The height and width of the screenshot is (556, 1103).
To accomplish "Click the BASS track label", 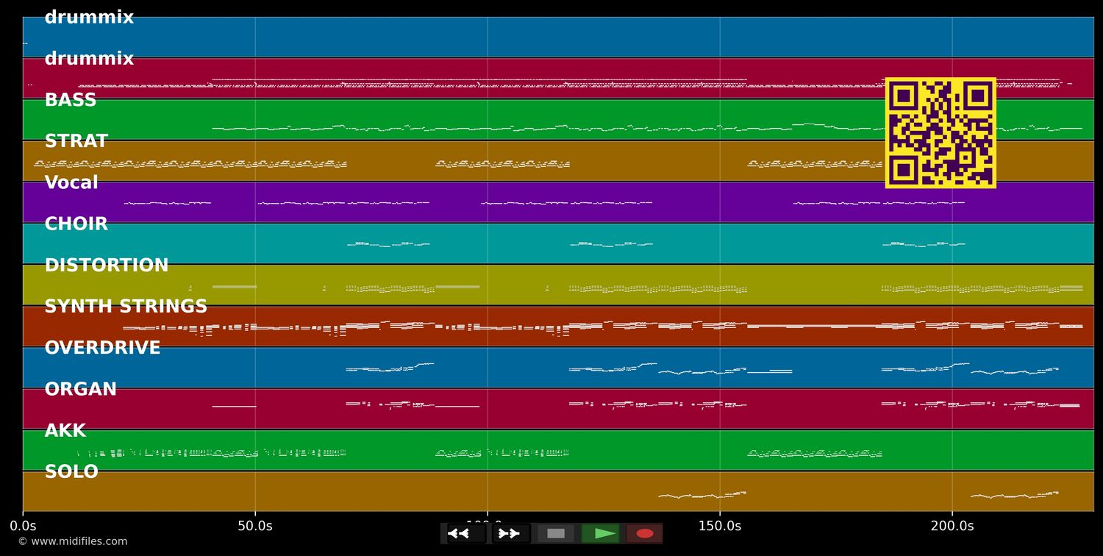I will pos(71,101).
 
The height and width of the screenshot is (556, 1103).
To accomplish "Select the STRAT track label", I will pos(76,142).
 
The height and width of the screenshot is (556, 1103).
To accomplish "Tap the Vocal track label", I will pos(71,183).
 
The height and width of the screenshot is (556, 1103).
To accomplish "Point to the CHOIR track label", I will pos(76,224).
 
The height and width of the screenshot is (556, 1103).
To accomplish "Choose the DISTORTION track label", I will pos(107,265).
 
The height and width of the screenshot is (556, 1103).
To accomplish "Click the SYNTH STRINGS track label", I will pos(126,307).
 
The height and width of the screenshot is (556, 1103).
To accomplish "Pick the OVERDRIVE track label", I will pos(102,348).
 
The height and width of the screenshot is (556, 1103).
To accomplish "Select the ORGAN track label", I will pos(81,390).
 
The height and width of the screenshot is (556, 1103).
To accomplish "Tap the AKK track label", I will pos(65,431).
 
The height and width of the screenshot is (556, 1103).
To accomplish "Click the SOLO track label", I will pos(71,472).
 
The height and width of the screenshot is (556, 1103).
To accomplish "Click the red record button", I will pos(644,533).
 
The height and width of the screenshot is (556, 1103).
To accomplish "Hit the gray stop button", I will pos(556,533).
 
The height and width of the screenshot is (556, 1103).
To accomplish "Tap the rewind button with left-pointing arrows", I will pos(466,533).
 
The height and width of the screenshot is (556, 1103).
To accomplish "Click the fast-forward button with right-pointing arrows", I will pos(510,533).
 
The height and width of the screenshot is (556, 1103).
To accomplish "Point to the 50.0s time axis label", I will pos(255,526).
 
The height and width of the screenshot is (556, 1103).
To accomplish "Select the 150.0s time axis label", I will pos(720,526).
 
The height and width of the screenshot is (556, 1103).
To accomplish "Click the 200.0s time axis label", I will pos(952,526).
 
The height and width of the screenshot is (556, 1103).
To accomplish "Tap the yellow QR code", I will pos(940,133).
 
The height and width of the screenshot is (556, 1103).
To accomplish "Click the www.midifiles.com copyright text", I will pos(73,542).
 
